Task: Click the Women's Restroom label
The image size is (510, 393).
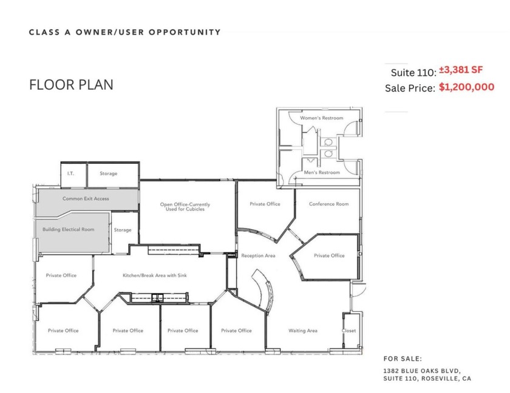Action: pyautogui.click(x=321, y=118)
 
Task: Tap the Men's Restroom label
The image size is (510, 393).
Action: pyautogui.click(x=322, y=173)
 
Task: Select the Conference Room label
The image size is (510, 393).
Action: pyautogui.click(x=328, y=204)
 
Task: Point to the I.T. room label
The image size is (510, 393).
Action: pyautogui.click(x=70, y=173)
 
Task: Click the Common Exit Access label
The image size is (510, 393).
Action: pyautogui.click(x=86, y=198)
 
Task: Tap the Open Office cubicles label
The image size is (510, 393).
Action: pyautogui.click(x=185, y=207)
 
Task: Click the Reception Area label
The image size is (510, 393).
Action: pyautogui.click(x=258, y=256)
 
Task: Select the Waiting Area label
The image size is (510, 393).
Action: pyautogui.click(x=302, y=331)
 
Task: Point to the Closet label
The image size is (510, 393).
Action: pyautogui.click(x=349, y=331)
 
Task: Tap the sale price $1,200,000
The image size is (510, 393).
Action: pyautogui.click(x=466, y=87)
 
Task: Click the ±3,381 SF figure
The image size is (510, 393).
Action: pyautogui.click(x=461, y=70)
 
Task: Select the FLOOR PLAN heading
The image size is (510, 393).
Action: pyautogui.click(x=71, y=85)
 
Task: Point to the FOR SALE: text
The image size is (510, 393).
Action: pyautogui.click(x=402, y=358)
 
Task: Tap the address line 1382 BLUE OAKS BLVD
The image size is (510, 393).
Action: pyautogui.click(x=422, y=369)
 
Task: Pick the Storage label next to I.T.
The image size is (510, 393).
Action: pyautogui.click(x=109, y=173)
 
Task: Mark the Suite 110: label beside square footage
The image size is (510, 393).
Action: pyautogui.click(x=413, y=72)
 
